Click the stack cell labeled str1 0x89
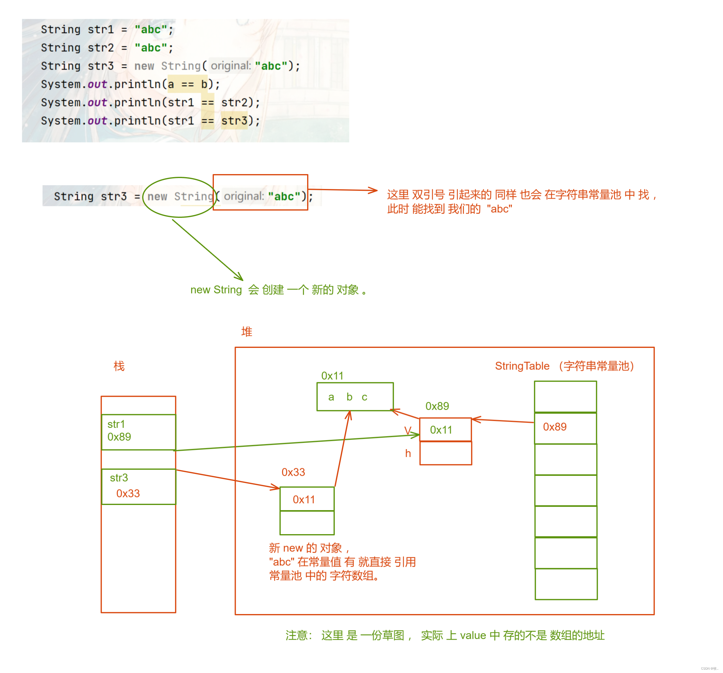138,432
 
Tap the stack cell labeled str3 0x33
138,486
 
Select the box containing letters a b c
355,397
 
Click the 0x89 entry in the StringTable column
565,427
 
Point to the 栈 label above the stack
119,366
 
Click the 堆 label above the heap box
247,332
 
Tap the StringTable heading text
522,366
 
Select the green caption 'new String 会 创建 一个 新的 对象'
278,290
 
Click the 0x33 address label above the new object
293,472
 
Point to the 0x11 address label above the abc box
332,376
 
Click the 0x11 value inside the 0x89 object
441,430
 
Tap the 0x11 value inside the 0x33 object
304,500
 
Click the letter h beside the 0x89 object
408,453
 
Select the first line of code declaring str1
107,29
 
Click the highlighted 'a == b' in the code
187,84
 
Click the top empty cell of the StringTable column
565,397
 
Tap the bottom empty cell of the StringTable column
566,584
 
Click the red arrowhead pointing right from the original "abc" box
373,190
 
